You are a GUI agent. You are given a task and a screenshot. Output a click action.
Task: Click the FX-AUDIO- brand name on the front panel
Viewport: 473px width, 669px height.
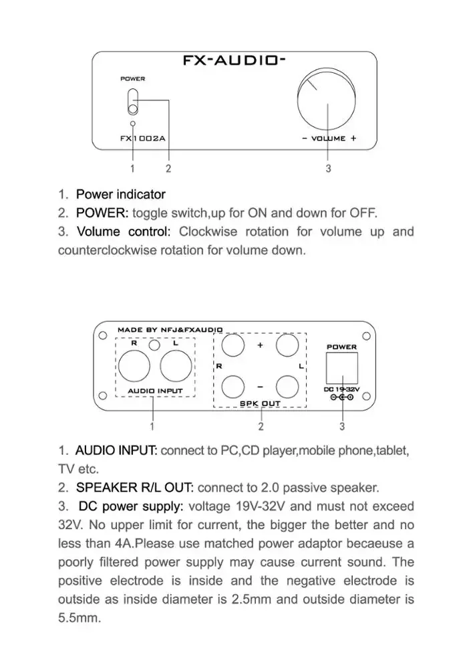point(234,60)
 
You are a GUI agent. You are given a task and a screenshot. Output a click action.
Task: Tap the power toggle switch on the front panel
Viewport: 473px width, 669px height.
point(133,102)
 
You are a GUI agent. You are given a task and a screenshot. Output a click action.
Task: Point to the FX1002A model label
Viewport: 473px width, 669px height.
point(142,138)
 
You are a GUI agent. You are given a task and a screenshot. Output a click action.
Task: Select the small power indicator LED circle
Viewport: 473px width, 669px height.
point(133,124)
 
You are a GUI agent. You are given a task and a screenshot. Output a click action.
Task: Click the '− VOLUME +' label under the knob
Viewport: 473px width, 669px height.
point(329,138)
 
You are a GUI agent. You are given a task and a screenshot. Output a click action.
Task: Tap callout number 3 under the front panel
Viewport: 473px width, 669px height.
point(328,169)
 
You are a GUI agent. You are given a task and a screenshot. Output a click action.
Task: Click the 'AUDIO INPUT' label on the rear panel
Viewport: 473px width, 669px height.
point(154,390)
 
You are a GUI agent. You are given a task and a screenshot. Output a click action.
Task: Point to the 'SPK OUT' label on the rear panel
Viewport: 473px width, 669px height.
point(260,403)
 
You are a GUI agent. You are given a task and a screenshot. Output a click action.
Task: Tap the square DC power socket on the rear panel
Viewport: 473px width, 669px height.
point(341,367)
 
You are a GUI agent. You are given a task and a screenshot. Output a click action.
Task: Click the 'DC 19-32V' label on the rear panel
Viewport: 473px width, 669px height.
point(341,389)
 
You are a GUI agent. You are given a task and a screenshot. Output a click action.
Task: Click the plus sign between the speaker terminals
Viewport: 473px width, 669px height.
point(260,346)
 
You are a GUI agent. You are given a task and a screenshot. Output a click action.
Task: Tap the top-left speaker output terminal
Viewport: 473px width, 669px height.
point(232,346)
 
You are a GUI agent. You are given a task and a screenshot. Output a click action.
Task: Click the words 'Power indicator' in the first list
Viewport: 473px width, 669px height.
point(120,195)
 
